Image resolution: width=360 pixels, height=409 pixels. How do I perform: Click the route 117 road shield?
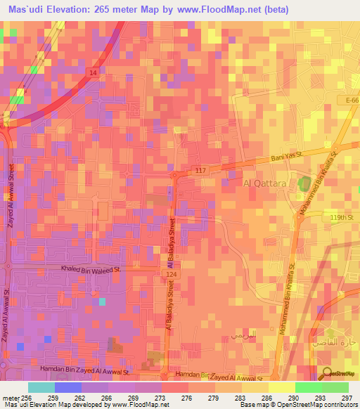click(200, 170)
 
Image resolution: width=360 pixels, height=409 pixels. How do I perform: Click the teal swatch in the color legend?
click(41, 387)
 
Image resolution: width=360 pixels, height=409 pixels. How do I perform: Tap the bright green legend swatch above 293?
click(308, 387)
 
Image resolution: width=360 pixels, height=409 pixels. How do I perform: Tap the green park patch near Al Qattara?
click(304, 185)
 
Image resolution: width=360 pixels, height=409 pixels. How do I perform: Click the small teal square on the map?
click(102, 301)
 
